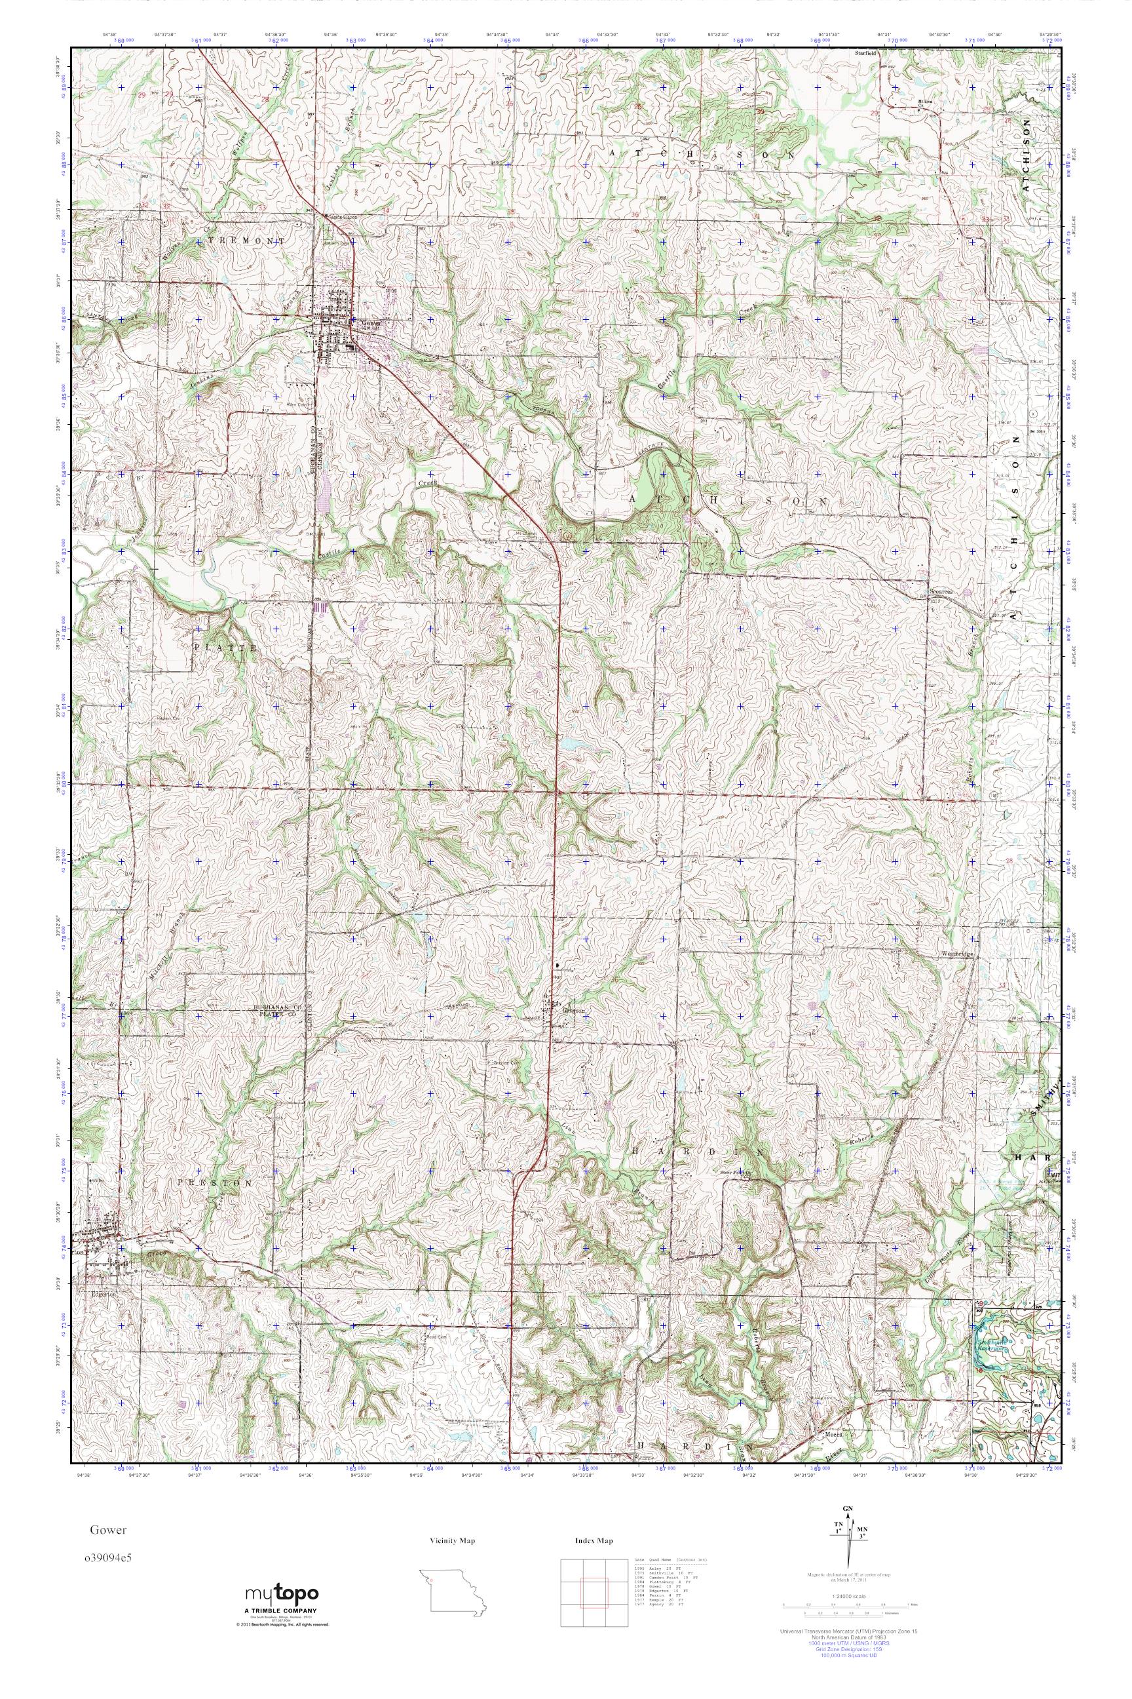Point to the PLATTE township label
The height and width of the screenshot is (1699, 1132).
coord(225,648)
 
